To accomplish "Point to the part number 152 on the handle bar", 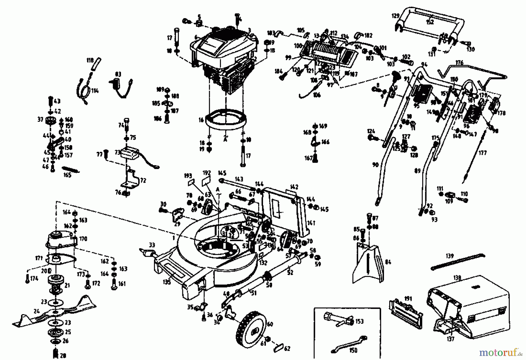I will [430, 22].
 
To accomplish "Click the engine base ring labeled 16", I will [226, 120].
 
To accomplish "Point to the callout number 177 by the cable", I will [483, 153].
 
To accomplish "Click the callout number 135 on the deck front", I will [167, 282].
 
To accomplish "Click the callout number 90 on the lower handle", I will [375, 165].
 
